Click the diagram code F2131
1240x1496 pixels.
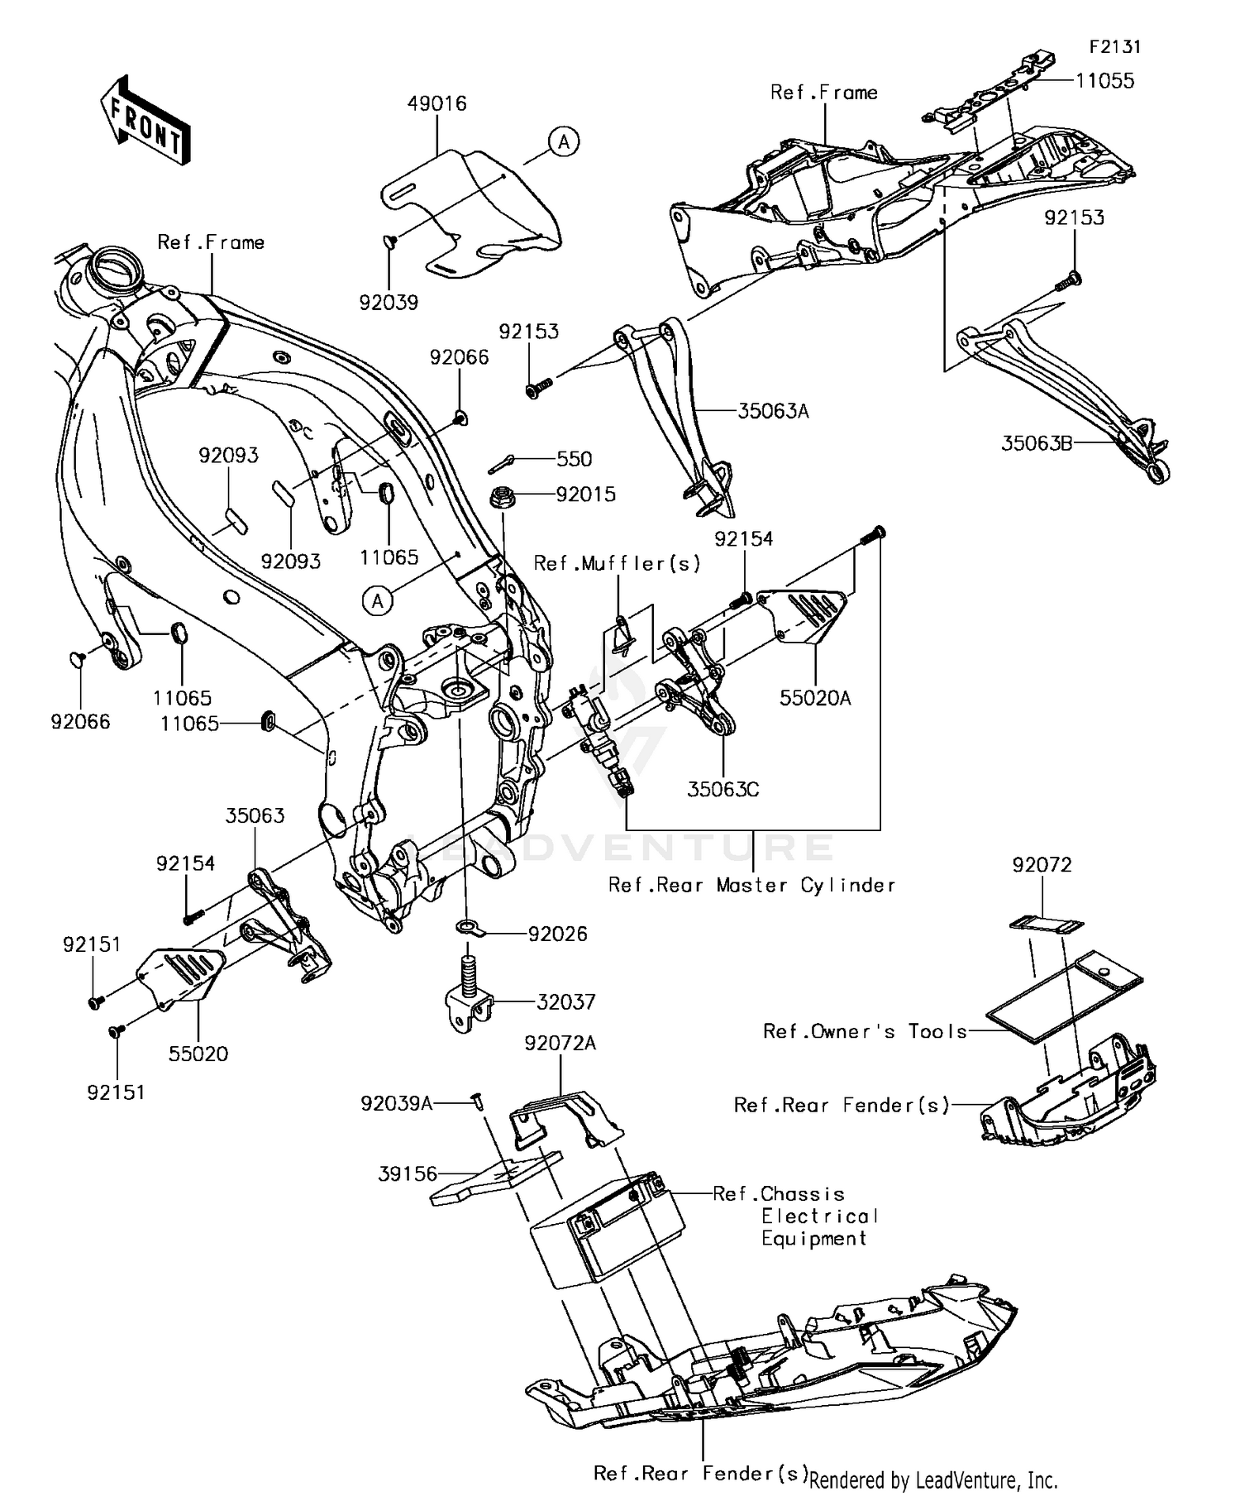[x=1114, y=47]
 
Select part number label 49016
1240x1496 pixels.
[x=436, y=104]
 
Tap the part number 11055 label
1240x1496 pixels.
[x=1104, y=81]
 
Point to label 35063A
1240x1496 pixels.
[x=772, y=411]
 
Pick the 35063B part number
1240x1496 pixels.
[x=1037, y=443]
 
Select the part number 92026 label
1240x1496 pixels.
[x=557, y=934]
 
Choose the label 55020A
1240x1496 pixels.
[x=814, y=698]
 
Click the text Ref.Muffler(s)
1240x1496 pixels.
[x=617, y=564]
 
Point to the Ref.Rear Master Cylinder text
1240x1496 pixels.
[x=751, y=886]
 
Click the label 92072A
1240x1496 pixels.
[x=560, y=1044]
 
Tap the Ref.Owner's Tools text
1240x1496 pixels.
[x=865, y=1031]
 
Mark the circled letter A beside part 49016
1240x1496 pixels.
[x=564, y=141]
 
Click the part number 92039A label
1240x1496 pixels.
[x=396, y=1103]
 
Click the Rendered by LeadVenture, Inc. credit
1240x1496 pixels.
[x=933, y=1479]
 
